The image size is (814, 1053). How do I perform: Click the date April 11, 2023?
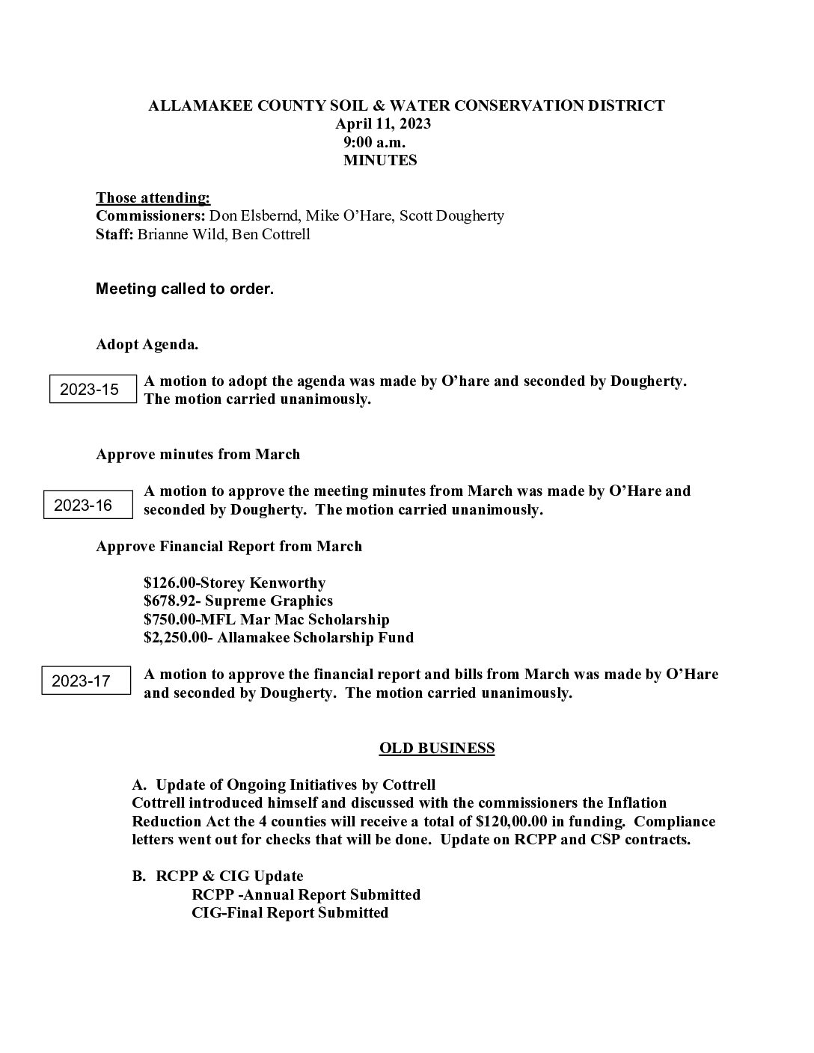coord(382,124)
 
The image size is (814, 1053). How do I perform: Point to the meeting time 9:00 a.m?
coord(375,142)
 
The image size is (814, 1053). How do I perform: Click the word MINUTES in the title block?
coord(380,160)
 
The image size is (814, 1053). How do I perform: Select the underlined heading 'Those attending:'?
coord(153,197)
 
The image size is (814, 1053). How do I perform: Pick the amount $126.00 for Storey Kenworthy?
coord(169,583)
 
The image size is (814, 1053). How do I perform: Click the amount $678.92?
coord(169,601)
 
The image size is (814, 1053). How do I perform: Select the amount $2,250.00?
coord(177,638)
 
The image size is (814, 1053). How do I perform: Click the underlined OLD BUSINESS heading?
coord(437,748)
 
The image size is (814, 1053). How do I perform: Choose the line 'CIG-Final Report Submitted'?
coord(290,912)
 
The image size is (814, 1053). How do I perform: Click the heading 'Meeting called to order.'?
coord(185,289)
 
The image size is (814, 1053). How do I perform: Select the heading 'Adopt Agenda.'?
coord(147,345)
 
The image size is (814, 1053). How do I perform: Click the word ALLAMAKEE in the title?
coord(193,105)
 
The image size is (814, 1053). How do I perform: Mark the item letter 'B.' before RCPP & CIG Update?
coord(139,876)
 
